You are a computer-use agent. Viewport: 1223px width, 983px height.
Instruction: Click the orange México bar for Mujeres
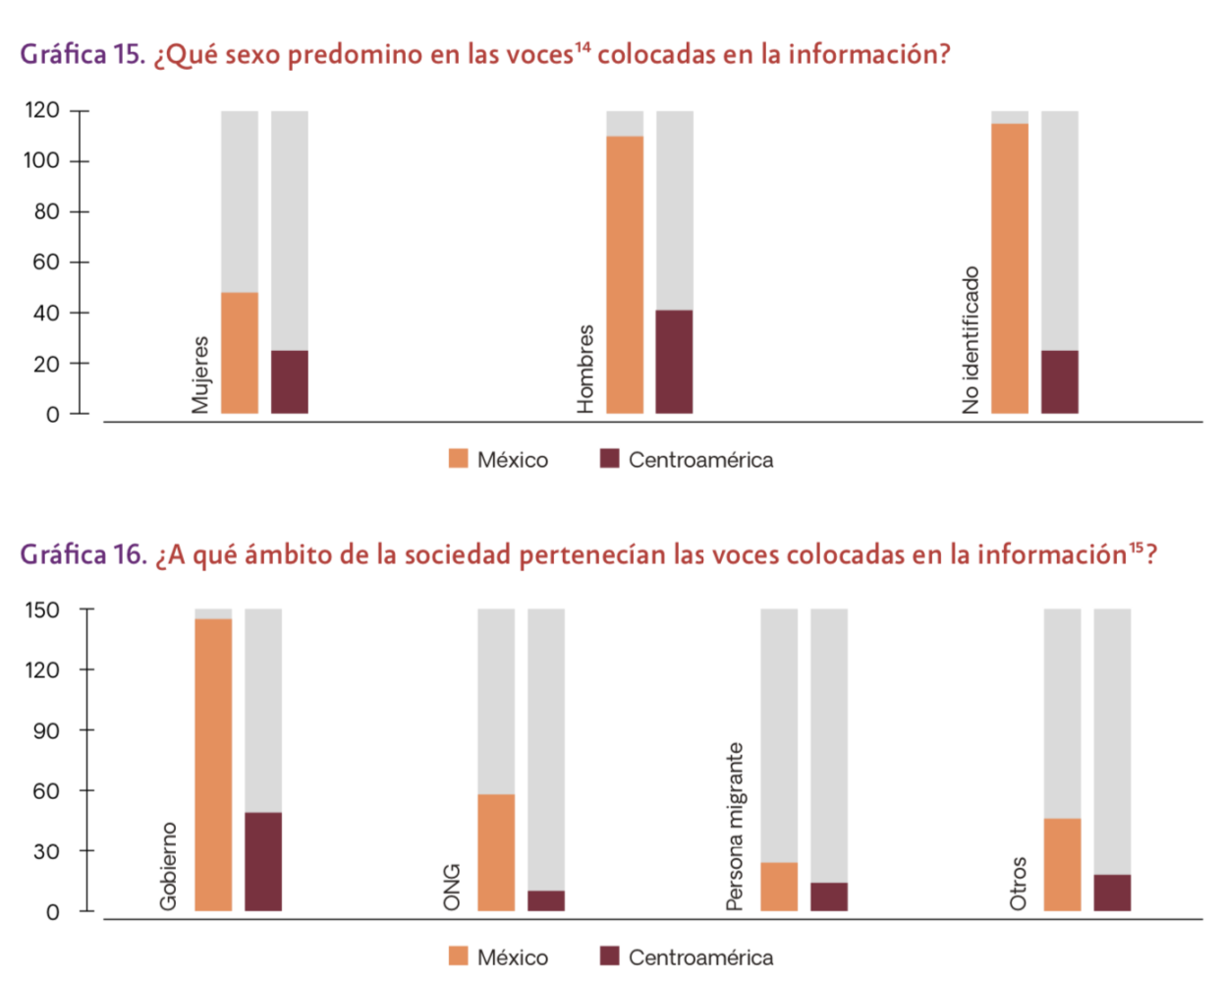(x=240, y=353)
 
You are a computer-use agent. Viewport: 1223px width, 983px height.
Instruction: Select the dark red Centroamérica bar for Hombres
(x=674, y=362)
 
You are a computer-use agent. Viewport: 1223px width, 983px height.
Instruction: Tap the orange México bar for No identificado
(x=1010, y=268)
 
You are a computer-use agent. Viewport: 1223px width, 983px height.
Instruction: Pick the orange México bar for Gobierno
(x=213, y=765)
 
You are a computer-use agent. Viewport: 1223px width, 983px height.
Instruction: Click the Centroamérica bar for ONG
(x=546, y=900)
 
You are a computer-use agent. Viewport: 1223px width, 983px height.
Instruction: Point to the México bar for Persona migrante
(x=779, y=887)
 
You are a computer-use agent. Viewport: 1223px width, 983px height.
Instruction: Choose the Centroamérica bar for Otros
(x=1112, y=893)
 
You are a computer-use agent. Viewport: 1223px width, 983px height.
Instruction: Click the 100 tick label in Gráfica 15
(x=42, y=160)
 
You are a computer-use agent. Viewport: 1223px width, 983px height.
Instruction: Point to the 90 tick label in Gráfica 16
(x=46, y=730)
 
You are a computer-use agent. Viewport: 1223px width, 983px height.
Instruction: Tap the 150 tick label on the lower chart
(x=42, y=609)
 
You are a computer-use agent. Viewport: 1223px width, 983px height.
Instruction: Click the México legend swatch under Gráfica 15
(x=458, y=459)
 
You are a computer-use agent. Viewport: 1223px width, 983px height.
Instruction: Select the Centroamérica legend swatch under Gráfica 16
(x=609, y=956)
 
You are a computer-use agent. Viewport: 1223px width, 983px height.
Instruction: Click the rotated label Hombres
(x=585, y=369)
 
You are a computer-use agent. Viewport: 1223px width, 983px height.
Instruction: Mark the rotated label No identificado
(x=971, y=340)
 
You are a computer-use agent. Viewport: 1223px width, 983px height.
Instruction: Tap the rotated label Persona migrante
(x=735, y=827)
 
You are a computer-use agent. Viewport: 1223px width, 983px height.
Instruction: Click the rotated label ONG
(x=452, y=887)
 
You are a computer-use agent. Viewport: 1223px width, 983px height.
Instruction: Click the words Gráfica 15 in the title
(x=83, y=54)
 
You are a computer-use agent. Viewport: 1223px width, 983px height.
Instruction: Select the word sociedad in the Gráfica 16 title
(x=458, y=555)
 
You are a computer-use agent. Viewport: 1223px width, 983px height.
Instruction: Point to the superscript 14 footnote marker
(x=583, y=46)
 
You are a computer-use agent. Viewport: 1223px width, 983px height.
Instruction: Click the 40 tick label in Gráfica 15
(x=46, y=313)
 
